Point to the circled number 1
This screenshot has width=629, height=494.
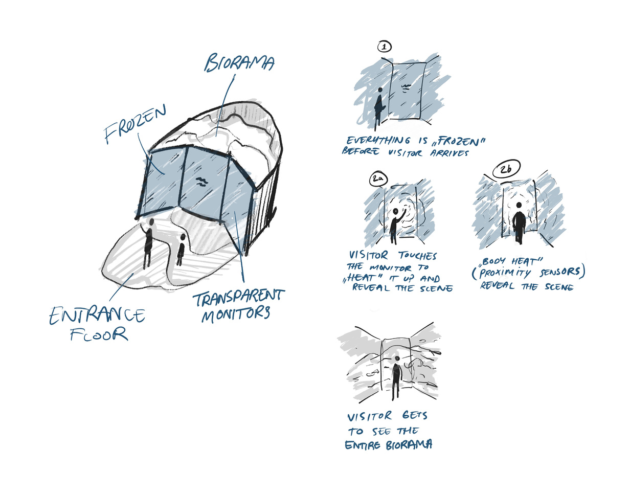pyautogui.click(x=384, y=47)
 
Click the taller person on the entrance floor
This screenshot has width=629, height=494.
pyautogui.click(x=149, y=243)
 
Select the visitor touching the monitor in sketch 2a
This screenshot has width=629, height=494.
pyautogui.click(x=395, y=225)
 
